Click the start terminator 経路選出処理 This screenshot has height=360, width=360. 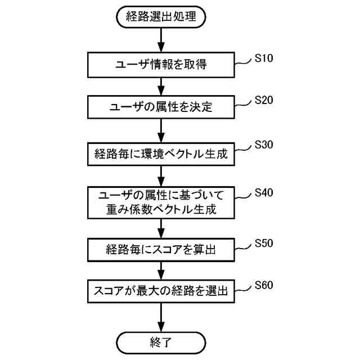pos(161,17)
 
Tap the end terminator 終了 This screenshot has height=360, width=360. pos(161,341)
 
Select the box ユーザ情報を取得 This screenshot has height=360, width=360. pos(161,65)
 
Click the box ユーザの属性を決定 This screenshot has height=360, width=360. pos(161,106)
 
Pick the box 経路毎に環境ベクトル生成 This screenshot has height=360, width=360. pos(161,153)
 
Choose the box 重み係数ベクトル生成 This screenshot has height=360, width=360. pos(161,202)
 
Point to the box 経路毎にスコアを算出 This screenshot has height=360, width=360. pos(161,249)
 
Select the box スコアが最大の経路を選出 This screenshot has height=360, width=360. pos(161,291)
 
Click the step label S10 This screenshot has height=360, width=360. pos(264,58)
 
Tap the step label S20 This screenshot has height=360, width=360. pos(264,100)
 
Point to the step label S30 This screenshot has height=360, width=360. pos(264,145)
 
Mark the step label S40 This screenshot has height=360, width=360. pos(264,193)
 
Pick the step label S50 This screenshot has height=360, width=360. pos(264,244)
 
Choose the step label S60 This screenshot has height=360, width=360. pos(264,285)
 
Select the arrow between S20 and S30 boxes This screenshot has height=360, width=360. pos(161,129)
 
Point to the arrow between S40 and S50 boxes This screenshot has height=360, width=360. pos(161,228)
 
